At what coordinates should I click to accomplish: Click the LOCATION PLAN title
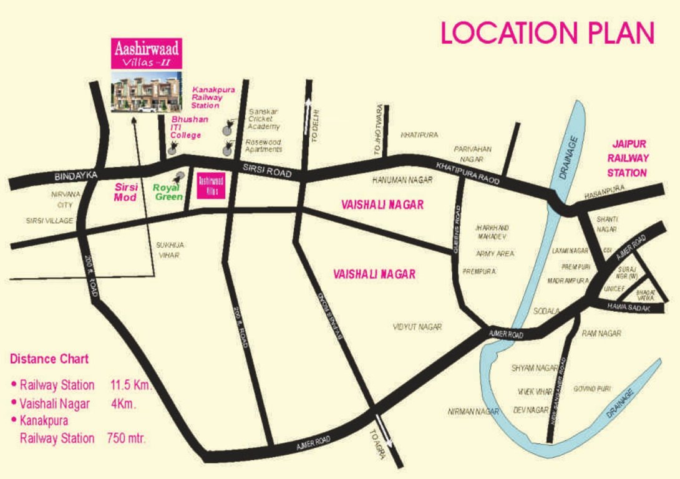tap(548, 33)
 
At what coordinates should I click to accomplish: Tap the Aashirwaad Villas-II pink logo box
tap(147, 53)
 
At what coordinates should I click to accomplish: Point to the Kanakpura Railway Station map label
tap(213, 98)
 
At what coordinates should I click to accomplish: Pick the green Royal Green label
tap(168, 192)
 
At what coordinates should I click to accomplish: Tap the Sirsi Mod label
tap(126, 192)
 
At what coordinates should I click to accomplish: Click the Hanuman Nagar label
tap(402, 180)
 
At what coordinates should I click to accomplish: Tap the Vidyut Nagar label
tap(417, 327)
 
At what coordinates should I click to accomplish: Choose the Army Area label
tap(495, 254)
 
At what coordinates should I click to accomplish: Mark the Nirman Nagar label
tap(474, 412)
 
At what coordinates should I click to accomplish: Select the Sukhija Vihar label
tap(170, 250)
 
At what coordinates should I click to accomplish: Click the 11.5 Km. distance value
tap(131, 385)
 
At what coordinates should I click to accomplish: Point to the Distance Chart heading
tap(49, 359)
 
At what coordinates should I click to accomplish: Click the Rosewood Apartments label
tap(263, 145)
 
